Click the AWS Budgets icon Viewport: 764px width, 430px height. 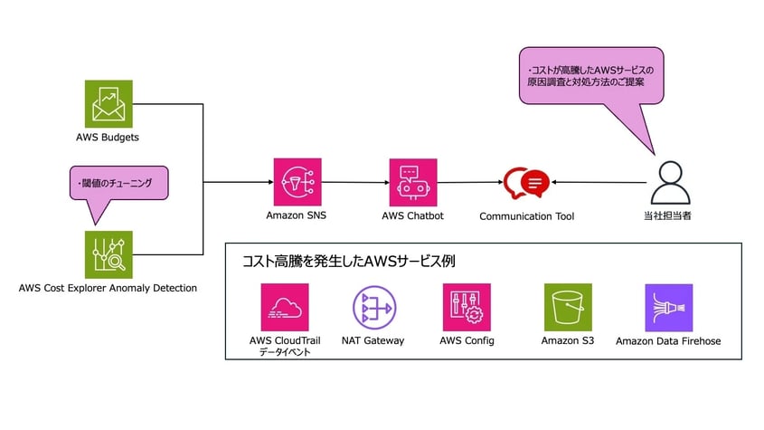108,104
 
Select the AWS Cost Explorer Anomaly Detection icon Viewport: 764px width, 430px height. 108,254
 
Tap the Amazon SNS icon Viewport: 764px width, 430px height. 297,183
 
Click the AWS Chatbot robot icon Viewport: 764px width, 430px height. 412,183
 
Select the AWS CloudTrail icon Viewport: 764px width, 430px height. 284,308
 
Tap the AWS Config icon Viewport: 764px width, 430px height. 467,308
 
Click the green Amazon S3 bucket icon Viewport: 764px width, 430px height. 567,308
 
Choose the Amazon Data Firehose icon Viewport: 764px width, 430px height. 668,308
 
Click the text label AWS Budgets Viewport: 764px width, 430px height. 108,138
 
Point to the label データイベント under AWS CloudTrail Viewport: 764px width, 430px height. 284,353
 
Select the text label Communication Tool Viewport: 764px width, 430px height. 525,216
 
